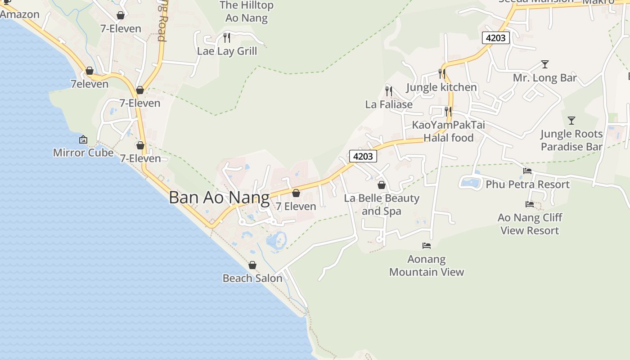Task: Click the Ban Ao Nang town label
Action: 219,198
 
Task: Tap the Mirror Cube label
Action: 83,153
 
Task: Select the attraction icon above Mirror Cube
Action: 83,139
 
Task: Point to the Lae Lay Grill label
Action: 227,51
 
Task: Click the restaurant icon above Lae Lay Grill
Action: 227,37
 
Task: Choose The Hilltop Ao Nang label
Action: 246,12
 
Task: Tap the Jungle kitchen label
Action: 441,87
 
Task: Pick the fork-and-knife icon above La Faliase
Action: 389,91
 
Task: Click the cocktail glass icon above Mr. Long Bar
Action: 545,64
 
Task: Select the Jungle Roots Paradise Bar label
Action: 571,140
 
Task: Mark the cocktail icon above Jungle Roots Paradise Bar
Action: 571,121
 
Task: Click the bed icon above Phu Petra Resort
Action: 527,171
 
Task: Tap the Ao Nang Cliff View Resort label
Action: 530,224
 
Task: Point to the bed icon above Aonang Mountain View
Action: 427,246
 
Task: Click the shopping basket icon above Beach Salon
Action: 252,265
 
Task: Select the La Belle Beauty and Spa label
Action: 382,204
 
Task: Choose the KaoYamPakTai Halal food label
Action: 449,131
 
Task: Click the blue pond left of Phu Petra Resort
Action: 471,183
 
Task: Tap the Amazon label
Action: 20,14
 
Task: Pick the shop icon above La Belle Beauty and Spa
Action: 382,185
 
